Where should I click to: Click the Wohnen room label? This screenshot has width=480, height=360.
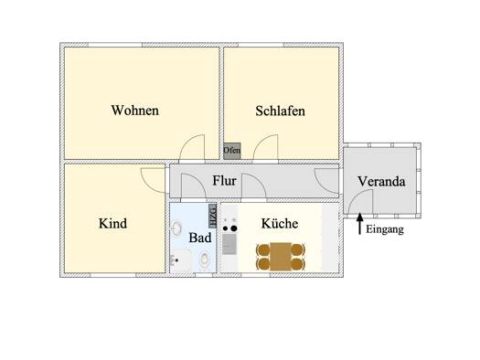click(135, 111)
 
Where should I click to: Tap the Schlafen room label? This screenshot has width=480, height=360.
click(280, 111)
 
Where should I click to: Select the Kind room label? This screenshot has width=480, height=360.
click(112, 223)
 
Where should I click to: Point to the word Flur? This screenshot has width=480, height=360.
click(224, 181)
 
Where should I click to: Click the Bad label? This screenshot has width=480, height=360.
click(200, 238)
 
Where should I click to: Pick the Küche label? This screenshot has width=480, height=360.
click(280, 223)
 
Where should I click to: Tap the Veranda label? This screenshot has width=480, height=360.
click(381, 182)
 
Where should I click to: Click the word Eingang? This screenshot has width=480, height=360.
click(385, 229)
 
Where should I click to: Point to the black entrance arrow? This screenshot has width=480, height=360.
click(360, 224)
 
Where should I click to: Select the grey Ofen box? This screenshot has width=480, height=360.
click(231, 151)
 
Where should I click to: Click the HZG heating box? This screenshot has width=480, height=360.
click(212, 216)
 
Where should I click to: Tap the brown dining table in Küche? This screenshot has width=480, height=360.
click(281, 257)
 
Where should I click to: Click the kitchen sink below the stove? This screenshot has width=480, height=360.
click(229, 244)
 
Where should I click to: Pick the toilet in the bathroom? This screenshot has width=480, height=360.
click(204, 259)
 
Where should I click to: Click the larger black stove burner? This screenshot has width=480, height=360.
click(234, 228)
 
